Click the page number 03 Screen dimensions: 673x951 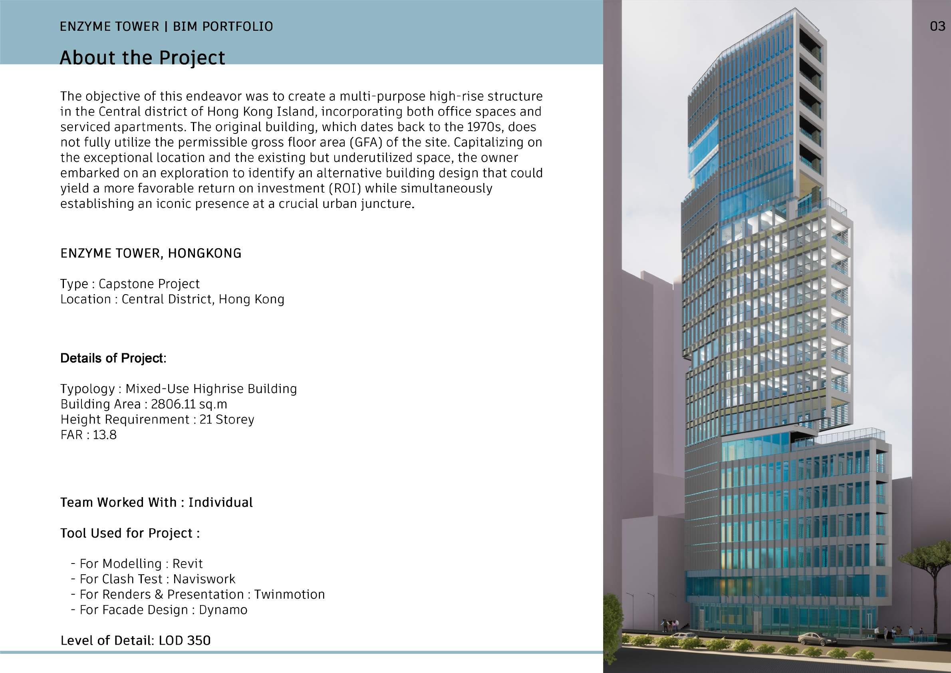click(x=937, y=26)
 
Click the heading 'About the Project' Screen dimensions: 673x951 click(x=143, y=58)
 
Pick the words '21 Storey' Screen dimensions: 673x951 click(x=226, y=419)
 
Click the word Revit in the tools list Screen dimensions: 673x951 click(x=188, y=563)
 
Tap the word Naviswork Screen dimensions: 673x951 click(x=204, y=579)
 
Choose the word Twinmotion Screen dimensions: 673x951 click(x=289, y=594)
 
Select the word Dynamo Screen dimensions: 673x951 click(x=223, y=609)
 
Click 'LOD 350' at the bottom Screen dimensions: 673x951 click(x=184, y=640)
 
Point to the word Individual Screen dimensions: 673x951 click(x=220, y=502)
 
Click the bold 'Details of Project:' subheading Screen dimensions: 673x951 click(x=113, y=358)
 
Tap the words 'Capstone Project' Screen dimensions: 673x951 click(x=149, y=284)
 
